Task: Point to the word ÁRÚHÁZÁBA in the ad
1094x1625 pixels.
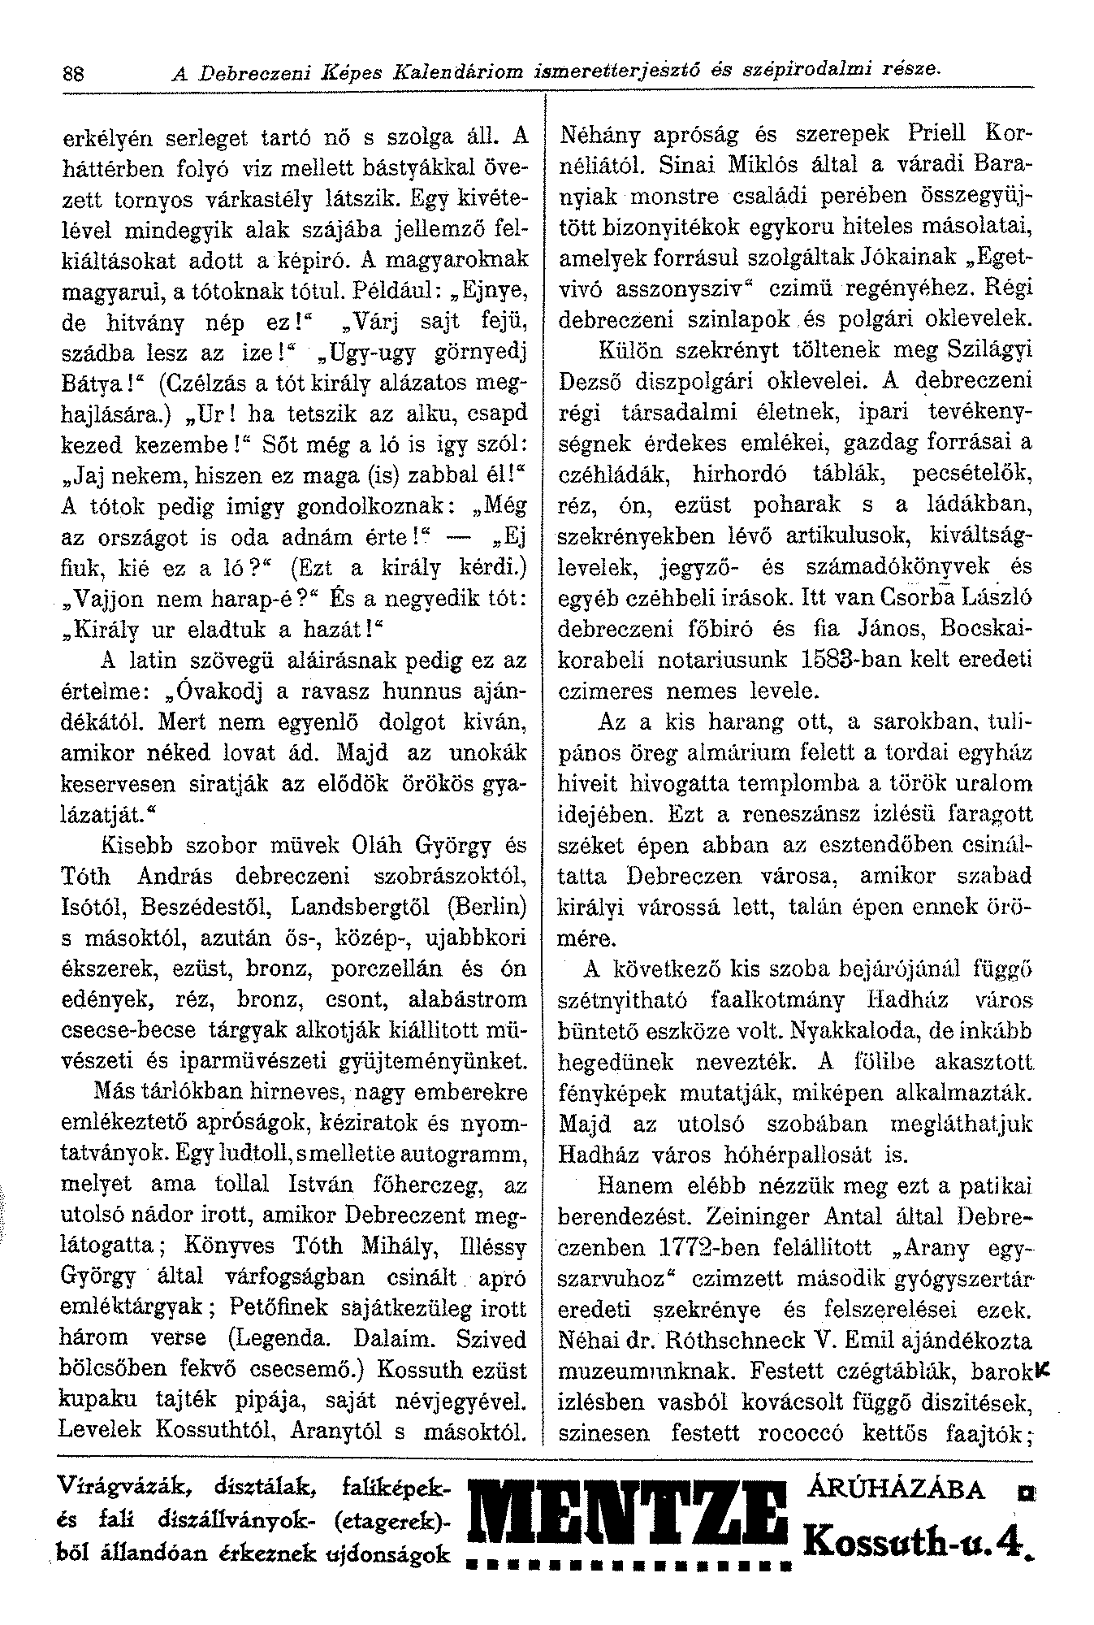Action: (897, 1488)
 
